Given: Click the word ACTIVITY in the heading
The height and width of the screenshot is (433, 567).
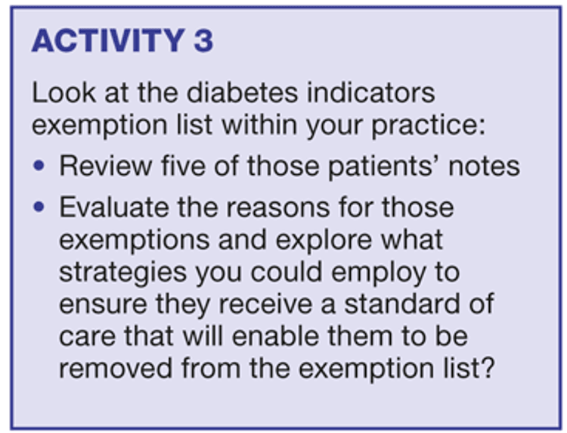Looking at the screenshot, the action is tap(108, 41).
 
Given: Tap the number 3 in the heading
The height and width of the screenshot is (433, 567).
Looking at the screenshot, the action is tap(203, 41).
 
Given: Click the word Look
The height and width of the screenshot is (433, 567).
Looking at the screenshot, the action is tap(64, 92).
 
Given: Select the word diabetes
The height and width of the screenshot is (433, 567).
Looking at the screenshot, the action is tap(242, 92).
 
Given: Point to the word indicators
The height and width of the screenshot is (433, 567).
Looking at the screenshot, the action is tap(371, 92).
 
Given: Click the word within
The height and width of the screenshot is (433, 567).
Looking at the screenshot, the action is tap(259, 125).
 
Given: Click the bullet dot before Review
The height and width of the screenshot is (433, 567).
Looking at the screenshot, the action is tap(39, 166).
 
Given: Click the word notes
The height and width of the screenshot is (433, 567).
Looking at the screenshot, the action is tap(484, 167).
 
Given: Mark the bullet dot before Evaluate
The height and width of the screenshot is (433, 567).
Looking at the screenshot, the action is tap(39, 207).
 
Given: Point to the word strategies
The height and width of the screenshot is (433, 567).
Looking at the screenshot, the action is tap(122, 273).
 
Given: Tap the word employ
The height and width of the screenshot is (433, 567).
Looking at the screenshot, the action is tap(379, 273).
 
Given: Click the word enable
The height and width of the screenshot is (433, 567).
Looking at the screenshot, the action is tap(275, 335).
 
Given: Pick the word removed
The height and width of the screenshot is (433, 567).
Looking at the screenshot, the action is tap(116, 368).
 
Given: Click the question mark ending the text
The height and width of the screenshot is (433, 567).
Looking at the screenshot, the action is tap(488, 368).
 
